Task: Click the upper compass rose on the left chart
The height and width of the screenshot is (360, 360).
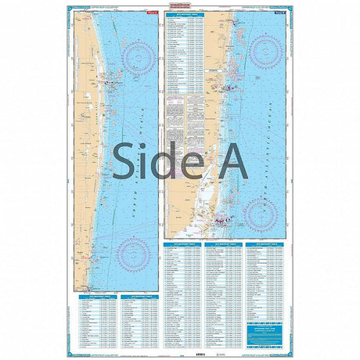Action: pyautogui.click(x=136, y=59)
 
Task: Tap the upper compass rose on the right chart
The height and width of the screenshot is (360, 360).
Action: pyautogui.click(x=265, y=51)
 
